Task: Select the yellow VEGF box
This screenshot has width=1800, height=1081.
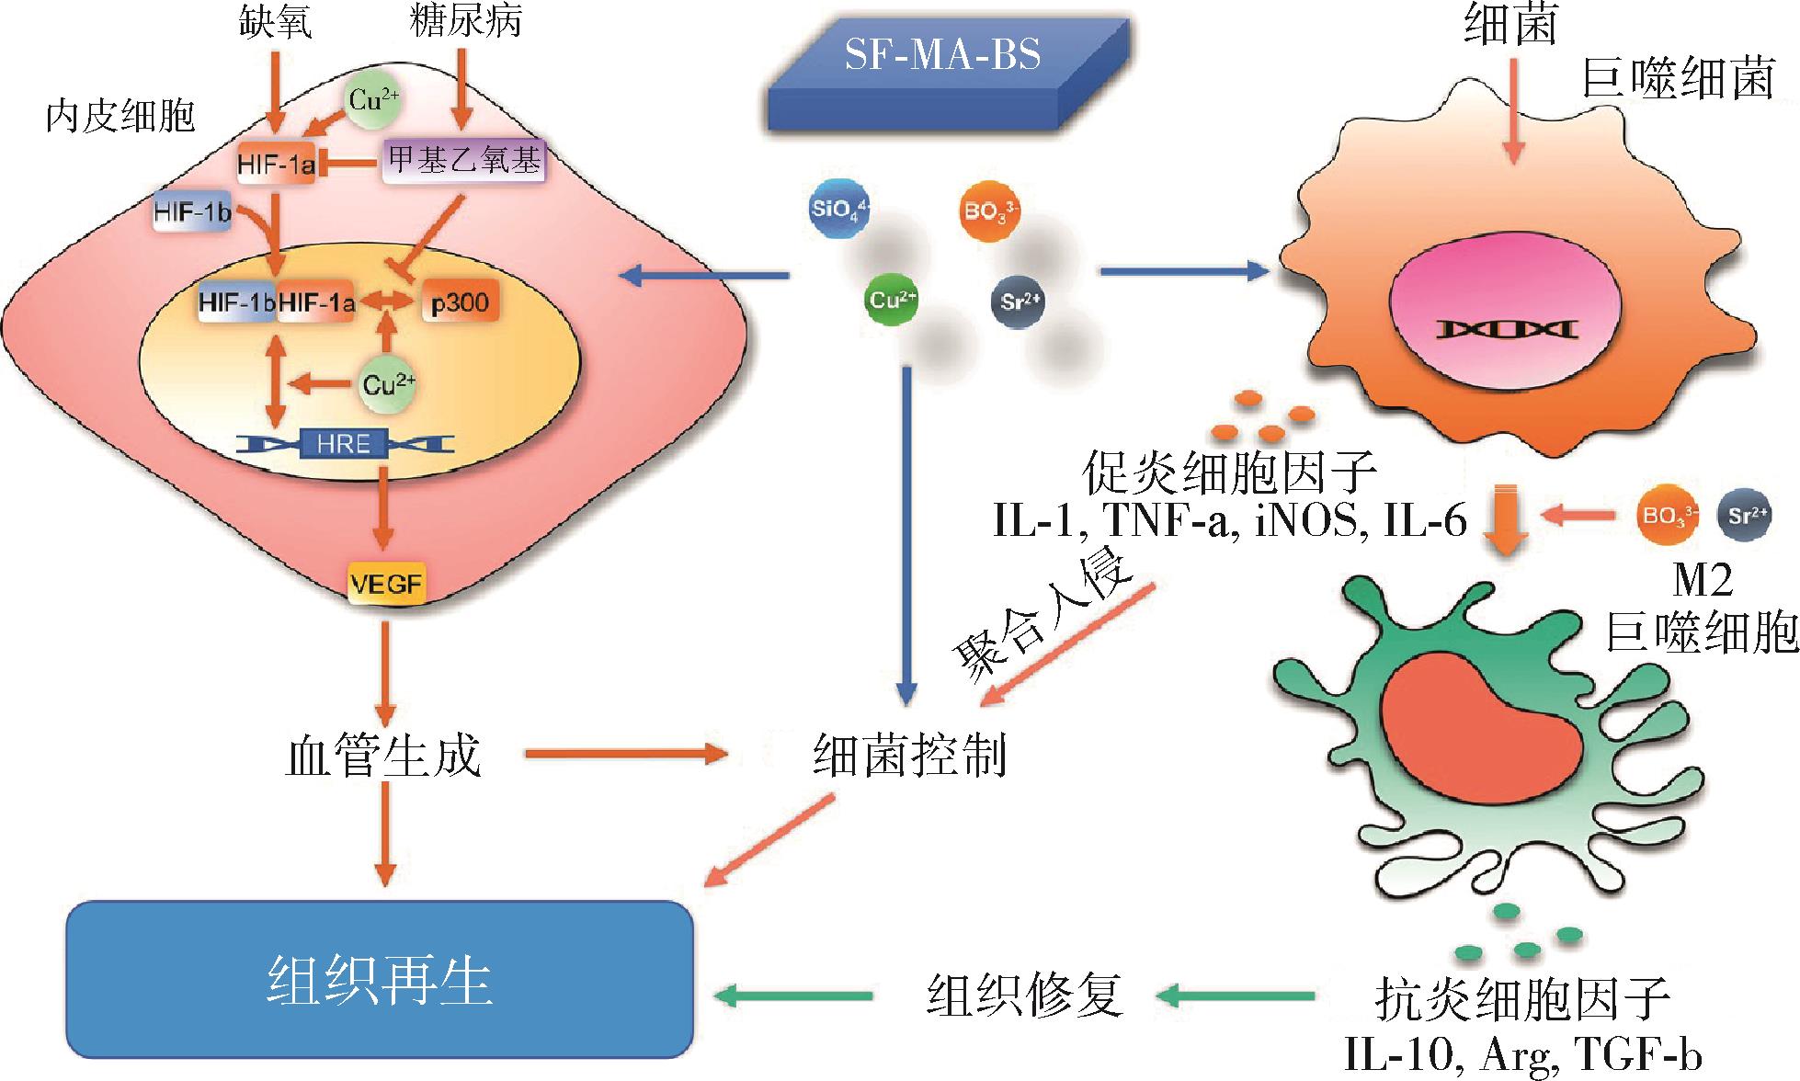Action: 386,584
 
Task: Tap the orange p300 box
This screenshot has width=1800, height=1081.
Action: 461,302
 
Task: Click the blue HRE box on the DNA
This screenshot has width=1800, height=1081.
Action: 344,444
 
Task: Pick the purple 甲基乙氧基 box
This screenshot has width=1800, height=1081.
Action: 463,162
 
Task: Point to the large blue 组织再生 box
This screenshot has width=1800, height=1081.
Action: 380,980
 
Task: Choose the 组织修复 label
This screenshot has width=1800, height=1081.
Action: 1024,995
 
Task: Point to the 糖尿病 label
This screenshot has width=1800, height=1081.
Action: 465,20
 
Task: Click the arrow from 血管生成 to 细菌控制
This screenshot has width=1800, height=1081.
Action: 626,756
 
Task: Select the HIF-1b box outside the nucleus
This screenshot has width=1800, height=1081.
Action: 192,213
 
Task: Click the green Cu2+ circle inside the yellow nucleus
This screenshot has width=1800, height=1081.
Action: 387,383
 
